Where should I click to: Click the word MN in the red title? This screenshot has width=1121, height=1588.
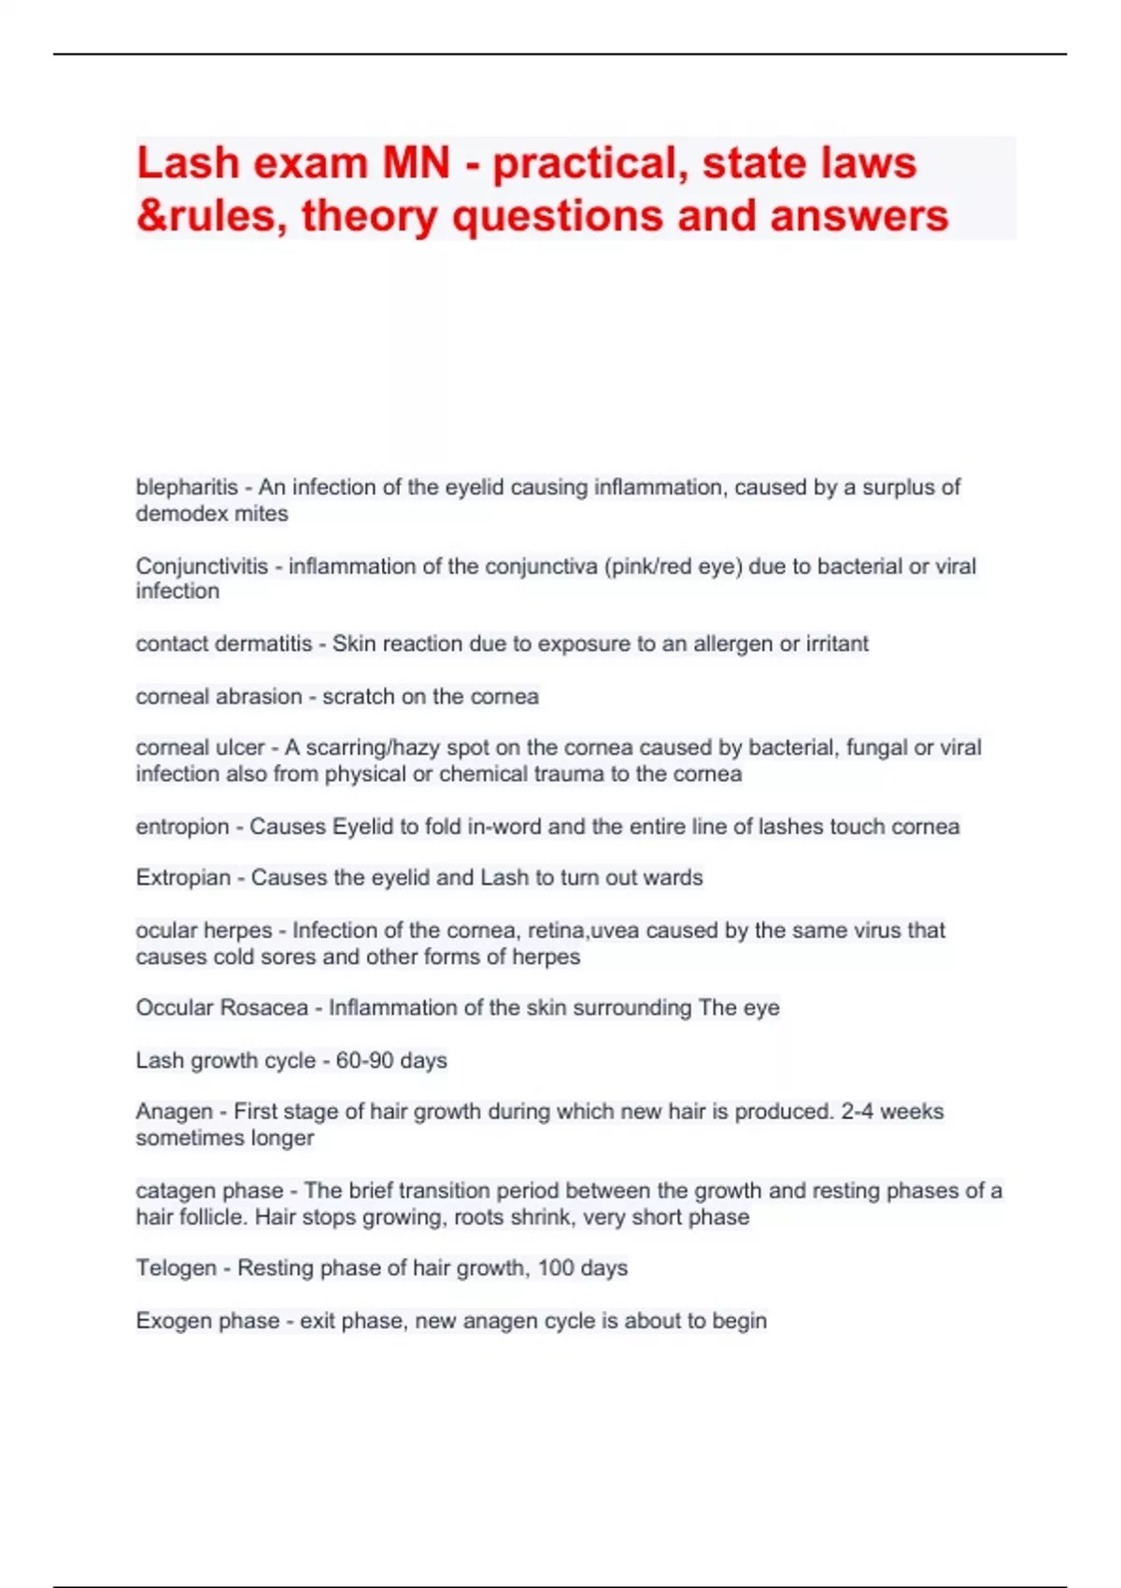416,163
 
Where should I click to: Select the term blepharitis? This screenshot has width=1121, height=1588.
187,488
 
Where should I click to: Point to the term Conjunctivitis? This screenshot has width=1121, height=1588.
202,566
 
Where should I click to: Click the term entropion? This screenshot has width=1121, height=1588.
182,827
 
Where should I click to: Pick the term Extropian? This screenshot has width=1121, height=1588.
183,878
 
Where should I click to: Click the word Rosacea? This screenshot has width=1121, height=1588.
264,1008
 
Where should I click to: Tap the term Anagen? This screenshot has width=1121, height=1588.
175,1112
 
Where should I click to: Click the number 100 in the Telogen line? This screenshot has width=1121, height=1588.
556,1269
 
